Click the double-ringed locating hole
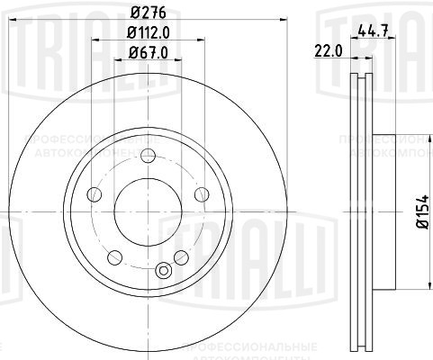(163, 268)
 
